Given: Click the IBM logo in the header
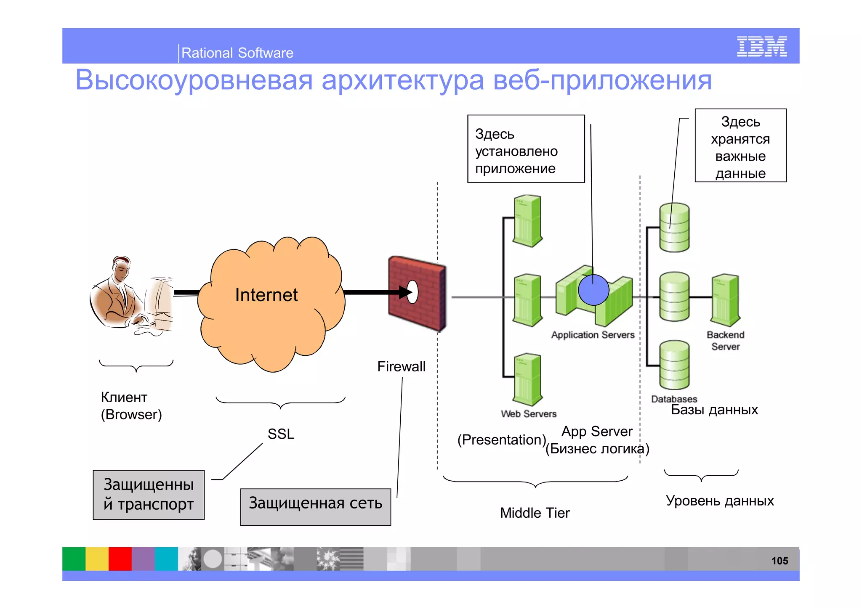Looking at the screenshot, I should pyautogui.click(x=761, y=46).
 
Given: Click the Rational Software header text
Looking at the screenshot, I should pyautogui.click(x=237, y=53).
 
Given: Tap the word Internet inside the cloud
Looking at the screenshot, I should pyautogui.click(x=266, y=295).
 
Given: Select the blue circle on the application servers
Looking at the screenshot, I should pyautogui.click(x=593, y=290).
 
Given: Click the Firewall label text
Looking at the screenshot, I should pyautogui.click(x=401, y=366).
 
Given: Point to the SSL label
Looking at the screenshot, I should pyautogui.click(x=281, y=434).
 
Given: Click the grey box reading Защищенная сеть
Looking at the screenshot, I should pyautogui.click(x=315, y=506).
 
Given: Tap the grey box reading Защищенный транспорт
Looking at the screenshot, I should pyautogui.click(x=149, y=495).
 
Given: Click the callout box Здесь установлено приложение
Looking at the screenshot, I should pyautogui.click(x=526, y=149).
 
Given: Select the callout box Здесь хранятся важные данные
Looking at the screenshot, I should pyautogui.click(x=740, y=146).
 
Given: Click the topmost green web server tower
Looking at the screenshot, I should pyautogui.click(x=527, y=221).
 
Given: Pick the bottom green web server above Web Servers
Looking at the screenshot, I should pyautogui.click(x=527, y=379).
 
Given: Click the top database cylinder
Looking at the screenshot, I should pyautogui.click(x=674, y=228).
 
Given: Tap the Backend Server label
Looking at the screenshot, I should pyautogui.click(x=725, y=341).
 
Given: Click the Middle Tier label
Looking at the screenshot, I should pyautogui.click(x=535, y=513).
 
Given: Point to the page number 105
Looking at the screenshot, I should pyautogui.click(x=779, y=561).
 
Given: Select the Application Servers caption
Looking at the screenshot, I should pyautogui.click(x=593, y=335).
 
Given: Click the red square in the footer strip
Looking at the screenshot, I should pyautogui.click(x=120, y=559).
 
